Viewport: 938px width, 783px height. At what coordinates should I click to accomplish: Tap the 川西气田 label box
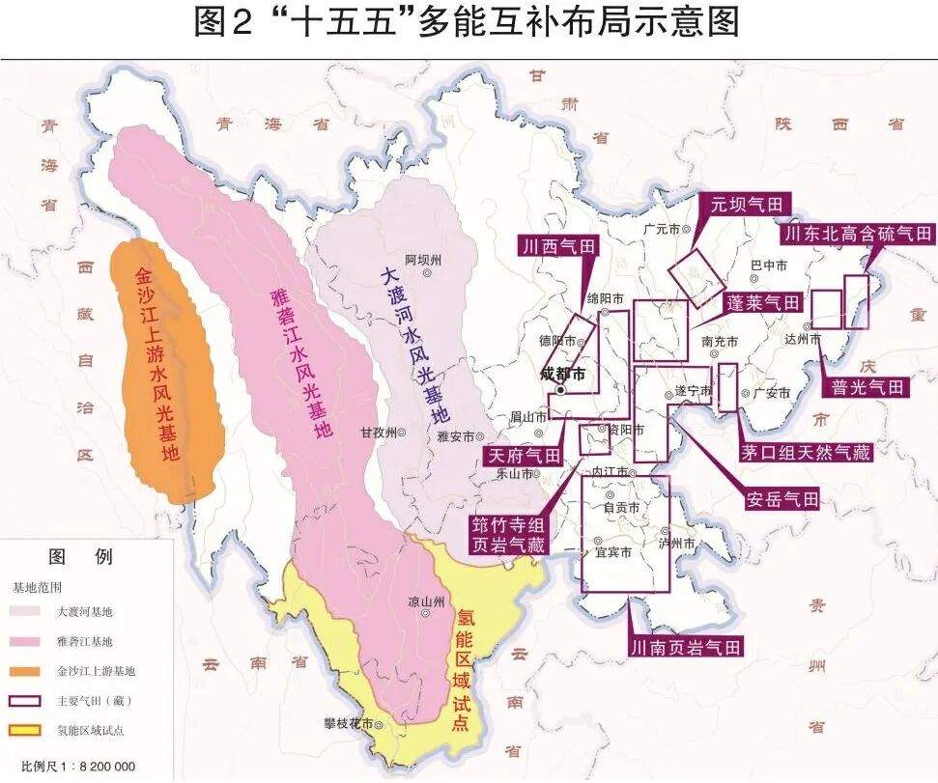[x=558, y=246]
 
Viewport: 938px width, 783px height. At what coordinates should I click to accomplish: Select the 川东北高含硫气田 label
[x=859, y=235]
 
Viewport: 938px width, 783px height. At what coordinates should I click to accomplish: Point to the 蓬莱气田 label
[x=763, y=303]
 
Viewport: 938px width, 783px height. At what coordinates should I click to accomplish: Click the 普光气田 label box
[x=868, y=387]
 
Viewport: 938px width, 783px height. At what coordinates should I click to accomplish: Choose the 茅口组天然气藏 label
[x=807, y=452]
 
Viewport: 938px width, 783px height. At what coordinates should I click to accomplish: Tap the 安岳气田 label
[x=782, y=499]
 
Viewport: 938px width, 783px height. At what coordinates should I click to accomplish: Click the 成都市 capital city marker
[x=559, y=391]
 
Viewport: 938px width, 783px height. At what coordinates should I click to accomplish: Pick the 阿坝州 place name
[x=423, y=260]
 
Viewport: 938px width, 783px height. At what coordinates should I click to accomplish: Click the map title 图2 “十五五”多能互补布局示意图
[x=468, y=23]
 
